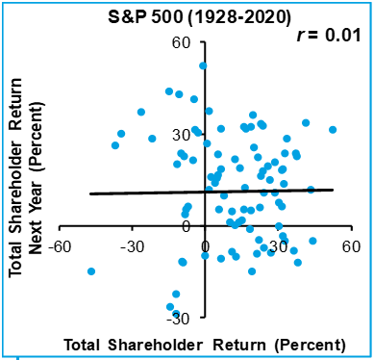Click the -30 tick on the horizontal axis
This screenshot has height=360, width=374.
coord(133,246)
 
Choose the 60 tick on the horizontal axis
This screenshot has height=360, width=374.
coord(350,246)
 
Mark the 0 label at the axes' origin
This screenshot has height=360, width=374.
coord(205,246)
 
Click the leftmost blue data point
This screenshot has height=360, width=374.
coord(91,271)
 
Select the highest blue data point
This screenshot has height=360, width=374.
coord(203,66)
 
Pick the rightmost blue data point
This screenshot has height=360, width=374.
coord(333,129)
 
